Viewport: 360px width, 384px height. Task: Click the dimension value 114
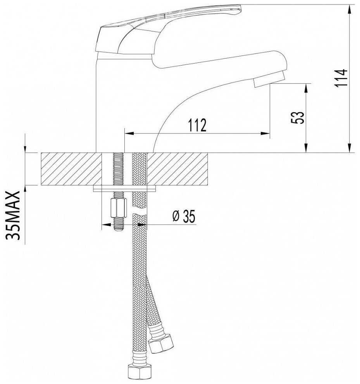click(341, 78)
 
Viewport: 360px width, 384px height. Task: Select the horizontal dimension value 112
click(197, 125)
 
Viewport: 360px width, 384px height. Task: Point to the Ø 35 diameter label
click(184, 216)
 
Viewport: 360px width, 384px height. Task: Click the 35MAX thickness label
click(12, 215)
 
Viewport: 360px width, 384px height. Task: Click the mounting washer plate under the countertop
click(124, 189)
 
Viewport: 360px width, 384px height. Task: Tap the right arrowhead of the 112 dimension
click(265, 133)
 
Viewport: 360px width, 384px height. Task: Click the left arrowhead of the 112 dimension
click(129, 133)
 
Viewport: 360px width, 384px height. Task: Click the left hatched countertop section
click(71, 169)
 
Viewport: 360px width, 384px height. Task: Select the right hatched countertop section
click(177, 169)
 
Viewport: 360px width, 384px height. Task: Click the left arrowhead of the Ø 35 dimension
click(106, 224)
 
